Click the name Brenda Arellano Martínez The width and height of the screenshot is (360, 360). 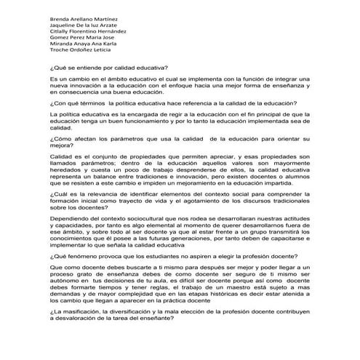(84, 16)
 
